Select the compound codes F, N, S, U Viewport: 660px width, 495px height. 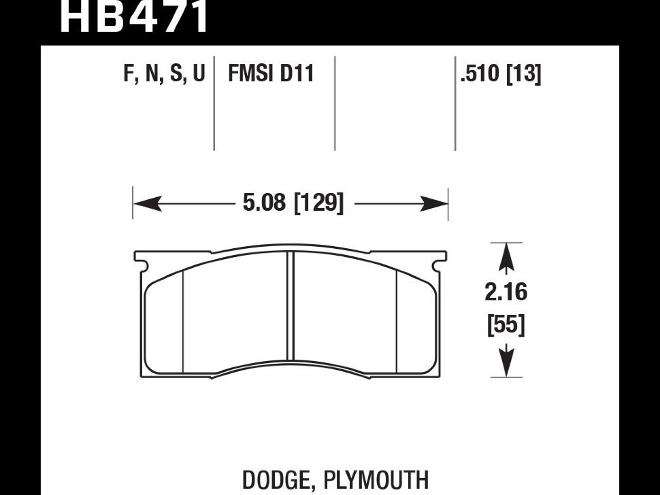coord(164,73)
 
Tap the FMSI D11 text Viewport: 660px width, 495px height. coord(271,73)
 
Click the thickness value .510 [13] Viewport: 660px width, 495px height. coord(501,74)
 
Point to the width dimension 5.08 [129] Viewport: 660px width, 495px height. coord(293,203)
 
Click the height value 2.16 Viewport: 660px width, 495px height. coord(506,292)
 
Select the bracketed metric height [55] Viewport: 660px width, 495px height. coord(506,324)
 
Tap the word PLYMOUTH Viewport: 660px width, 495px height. coord(376,480)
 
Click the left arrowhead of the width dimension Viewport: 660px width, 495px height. coord(148,204)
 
